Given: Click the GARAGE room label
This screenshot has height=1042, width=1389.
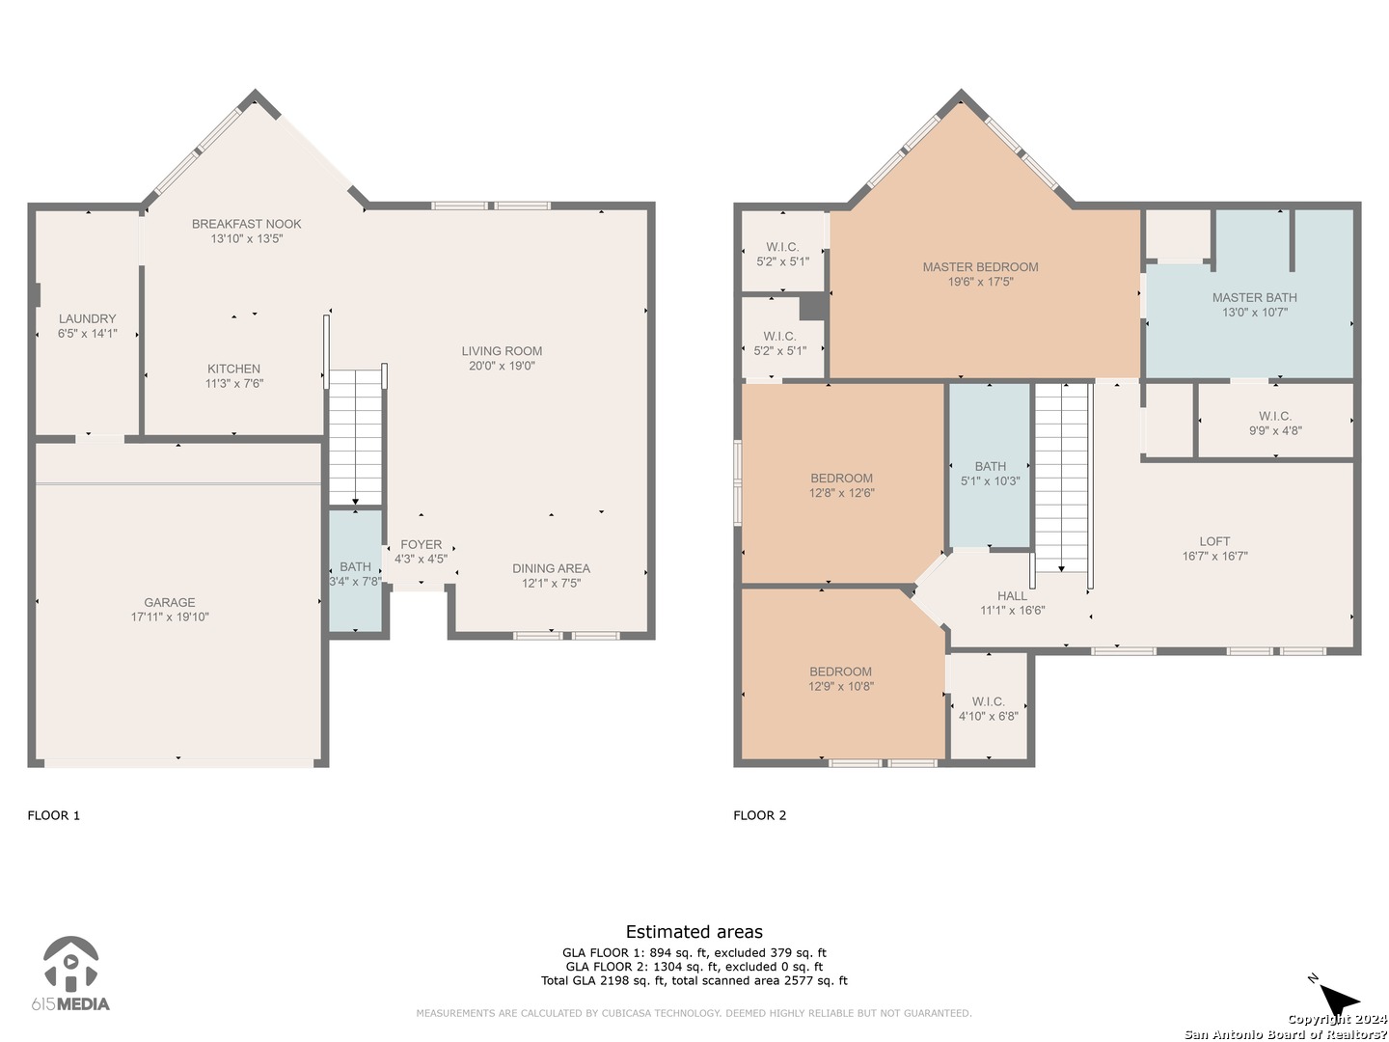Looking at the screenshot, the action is (x=169, y=602).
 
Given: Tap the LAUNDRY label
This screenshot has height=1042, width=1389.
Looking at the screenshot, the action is (x=88, y=318).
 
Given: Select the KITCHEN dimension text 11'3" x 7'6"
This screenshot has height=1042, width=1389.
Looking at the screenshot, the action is (x=234, y=383).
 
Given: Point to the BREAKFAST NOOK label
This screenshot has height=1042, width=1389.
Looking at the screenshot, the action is (x=246, y=223).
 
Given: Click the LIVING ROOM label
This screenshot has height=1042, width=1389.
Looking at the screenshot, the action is (x=502, y=350).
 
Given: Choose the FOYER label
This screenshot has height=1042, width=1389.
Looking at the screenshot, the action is (x=421, y=544).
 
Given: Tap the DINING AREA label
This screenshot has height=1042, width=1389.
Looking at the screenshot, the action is (x=551, y=568).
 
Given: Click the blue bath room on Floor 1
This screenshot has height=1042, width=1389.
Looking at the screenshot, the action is (x=355, y=570).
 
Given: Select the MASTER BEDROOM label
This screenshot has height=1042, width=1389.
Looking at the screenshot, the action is (x=980, y=267).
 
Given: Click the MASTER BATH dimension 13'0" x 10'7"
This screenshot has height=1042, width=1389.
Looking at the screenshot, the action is (x=1254, y=312).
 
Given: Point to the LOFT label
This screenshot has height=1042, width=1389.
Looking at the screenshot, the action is (x=1214, y=541).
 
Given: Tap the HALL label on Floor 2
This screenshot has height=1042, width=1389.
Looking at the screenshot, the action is (x=1012, y=596).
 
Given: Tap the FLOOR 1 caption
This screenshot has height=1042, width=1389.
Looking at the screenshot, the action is (x=54, y=815).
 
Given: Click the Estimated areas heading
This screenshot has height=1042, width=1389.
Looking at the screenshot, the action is (x=694, y=932).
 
